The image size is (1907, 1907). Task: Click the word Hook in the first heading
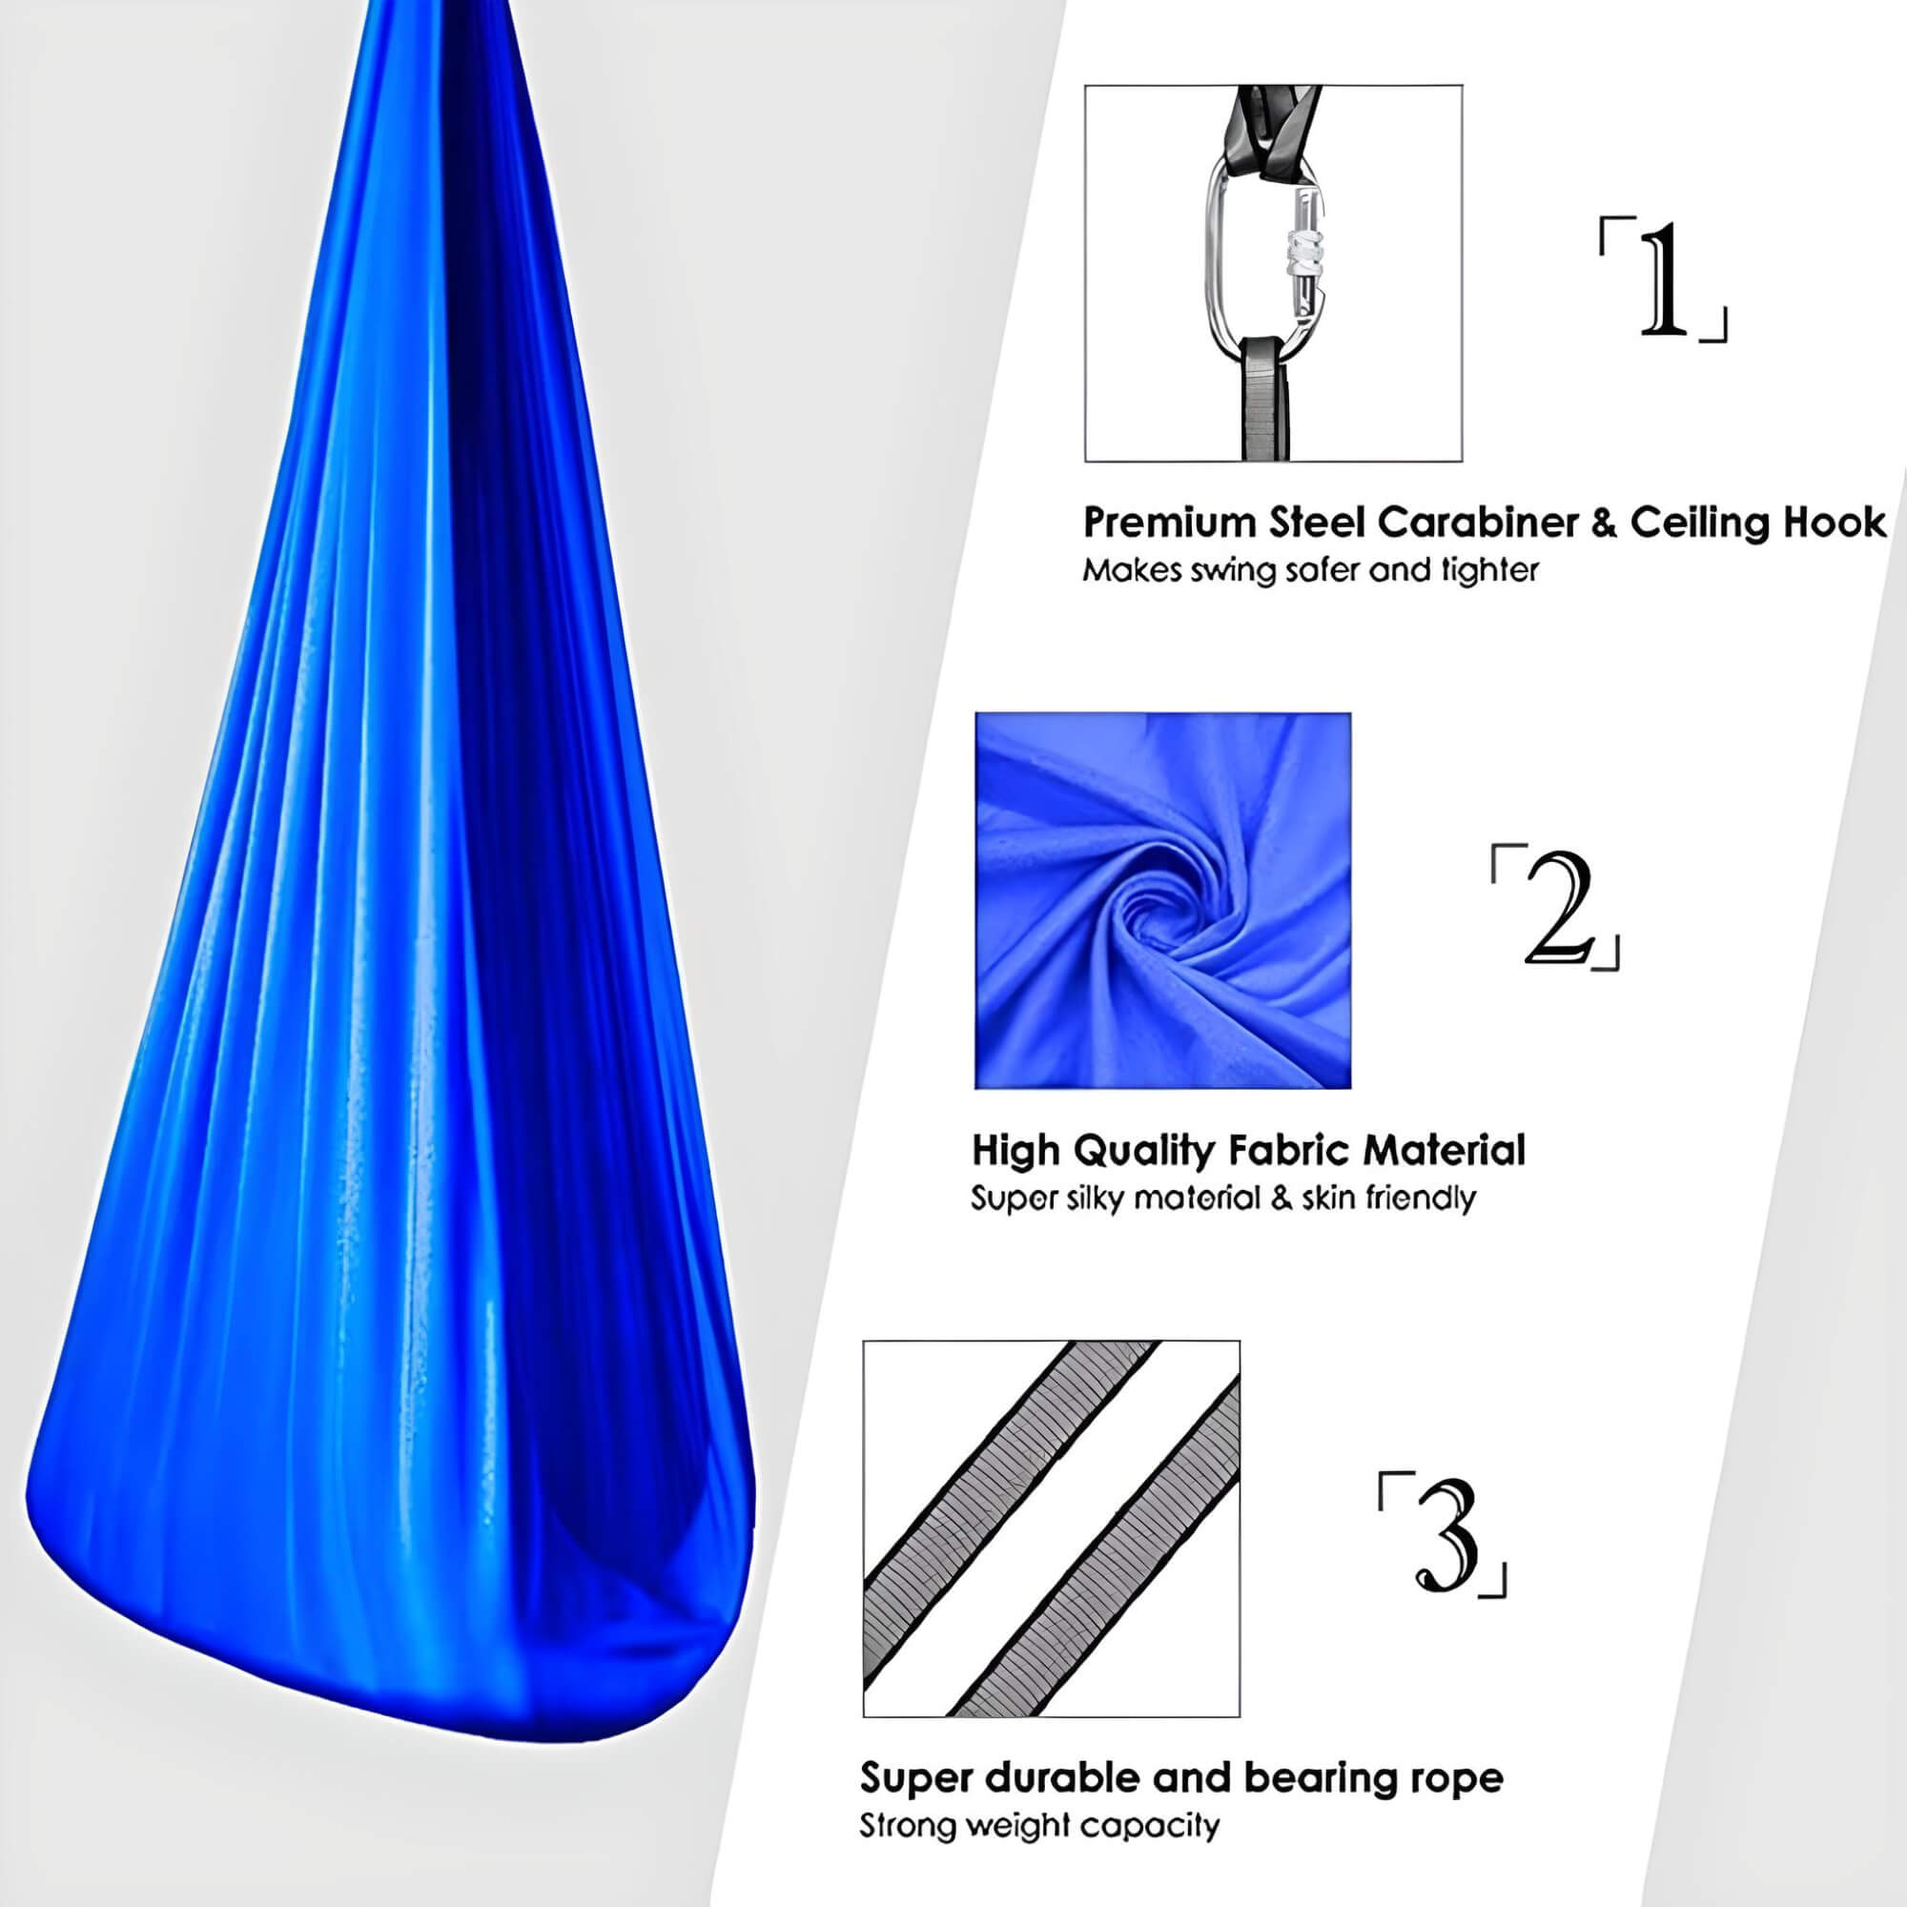click(1837, 523)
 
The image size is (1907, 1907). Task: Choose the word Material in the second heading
click(1444, 1151)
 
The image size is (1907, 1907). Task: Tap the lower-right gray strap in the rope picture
click(1095, 1549)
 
